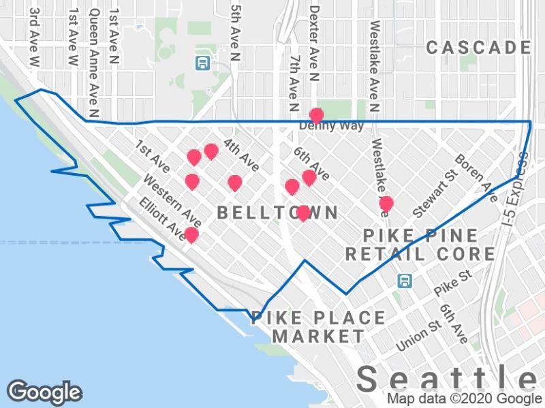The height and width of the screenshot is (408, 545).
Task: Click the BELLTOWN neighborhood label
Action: click(x=277, y=213)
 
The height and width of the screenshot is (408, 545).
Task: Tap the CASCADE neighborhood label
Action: click(x=478, y=47)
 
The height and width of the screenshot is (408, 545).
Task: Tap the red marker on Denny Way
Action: click(x=316, y=115)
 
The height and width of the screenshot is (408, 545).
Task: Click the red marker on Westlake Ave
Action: click(x=386, y=204)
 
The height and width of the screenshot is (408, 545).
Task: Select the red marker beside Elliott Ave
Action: click(x=191, y=235)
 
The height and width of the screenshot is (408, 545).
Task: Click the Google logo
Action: click(x=44, y=392)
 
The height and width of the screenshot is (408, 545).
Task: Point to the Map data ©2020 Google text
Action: click(x=465, y=399)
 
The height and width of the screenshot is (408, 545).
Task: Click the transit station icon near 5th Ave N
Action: click(x=202, y=63)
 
